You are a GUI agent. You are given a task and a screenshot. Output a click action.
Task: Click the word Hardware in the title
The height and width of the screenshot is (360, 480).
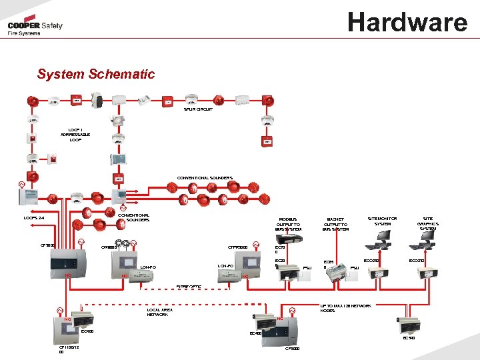(407, 22)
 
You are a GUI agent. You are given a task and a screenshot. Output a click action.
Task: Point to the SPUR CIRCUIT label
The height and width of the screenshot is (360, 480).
(199, 109)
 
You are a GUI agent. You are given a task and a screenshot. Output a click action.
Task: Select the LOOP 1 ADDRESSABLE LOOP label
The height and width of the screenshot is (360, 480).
(75, 135)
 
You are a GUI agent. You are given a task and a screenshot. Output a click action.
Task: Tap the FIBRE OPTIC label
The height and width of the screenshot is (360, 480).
(188, 287)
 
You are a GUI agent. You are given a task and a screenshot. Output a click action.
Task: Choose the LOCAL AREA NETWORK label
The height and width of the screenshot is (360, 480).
(159, 312)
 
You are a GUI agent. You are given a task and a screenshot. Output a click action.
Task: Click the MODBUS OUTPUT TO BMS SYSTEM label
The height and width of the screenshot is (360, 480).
(288, 223)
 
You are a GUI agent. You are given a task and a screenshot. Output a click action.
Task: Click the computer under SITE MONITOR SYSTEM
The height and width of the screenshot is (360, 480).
(382, 246)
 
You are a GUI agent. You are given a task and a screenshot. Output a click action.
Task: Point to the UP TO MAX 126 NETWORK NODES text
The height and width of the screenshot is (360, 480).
(345, 307)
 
